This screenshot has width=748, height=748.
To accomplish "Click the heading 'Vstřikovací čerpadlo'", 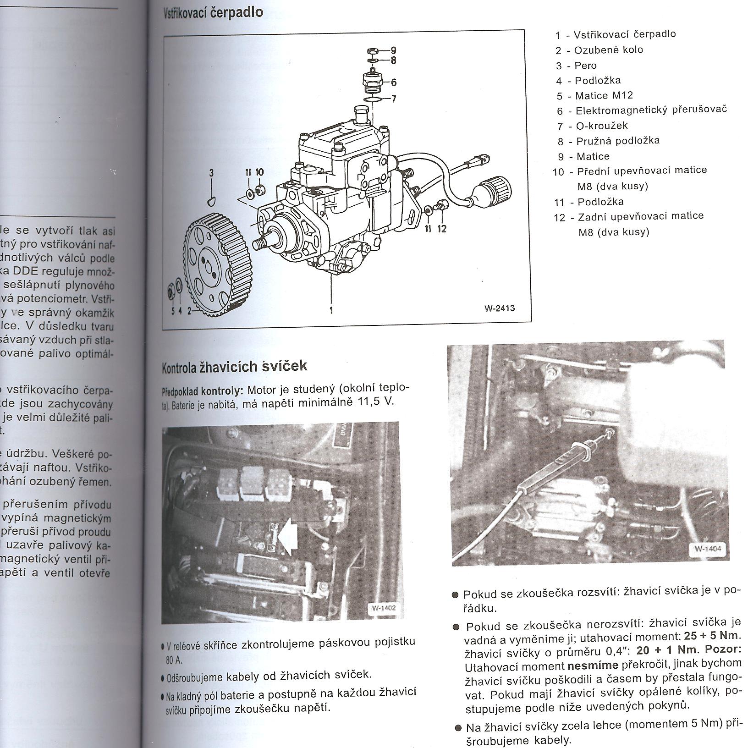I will pyautogui.click(x=213, y=12).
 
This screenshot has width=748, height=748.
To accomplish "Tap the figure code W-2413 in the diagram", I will pyautogui.click(x=500, y=308).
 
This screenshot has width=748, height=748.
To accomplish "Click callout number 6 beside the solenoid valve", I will pyautogui.click(x=393, y=82).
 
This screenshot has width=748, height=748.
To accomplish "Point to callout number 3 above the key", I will pyautogui.click(x=211, y=173).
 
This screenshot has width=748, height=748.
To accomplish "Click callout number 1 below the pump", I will pyautogui.click(x=331, y=310).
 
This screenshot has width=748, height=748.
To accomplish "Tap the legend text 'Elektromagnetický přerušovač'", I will pyautogui.click(x=651, y=110).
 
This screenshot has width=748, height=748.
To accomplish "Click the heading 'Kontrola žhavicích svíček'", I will pyautogui.click(x=235, y=366).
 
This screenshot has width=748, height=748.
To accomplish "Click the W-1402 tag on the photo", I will pyautogui.click(x=383, y=608).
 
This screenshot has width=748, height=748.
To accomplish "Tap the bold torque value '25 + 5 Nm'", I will pyautogui.click(x=711, y=636).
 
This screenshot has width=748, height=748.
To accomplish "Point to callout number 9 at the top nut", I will pyautogui.click(x=393, y=50).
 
